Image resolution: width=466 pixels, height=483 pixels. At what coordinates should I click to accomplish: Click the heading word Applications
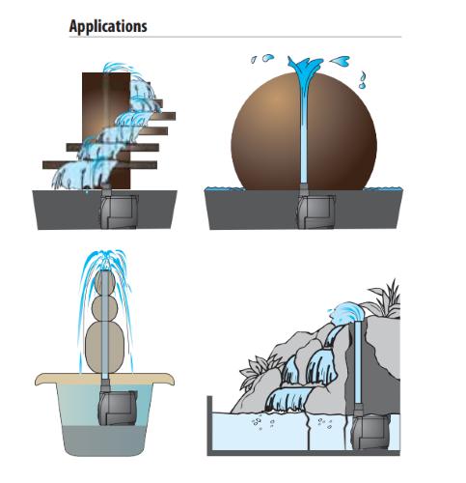coord(108,26)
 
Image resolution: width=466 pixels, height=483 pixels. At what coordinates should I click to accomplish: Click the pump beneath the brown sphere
coord(315,211)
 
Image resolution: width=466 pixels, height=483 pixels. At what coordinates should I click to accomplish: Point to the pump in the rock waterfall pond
coord(370,432)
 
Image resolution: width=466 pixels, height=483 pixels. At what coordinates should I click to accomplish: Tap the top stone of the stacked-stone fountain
coord(105,283)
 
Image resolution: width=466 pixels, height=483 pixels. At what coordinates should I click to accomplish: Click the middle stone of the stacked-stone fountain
coord(105,308)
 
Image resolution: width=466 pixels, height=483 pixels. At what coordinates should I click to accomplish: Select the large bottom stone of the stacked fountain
coord(105,348)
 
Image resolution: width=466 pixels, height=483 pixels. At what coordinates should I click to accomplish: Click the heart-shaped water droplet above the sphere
coord(341,61)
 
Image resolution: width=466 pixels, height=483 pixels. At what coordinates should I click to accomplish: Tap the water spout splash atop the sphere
coord(305,69)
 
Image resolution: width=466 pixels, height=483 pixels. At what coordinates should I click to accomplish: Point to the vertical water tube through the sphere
coord(304,132)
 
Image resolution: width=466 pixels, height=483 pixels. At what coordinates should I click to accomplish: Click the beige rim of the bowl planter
coord(105,379)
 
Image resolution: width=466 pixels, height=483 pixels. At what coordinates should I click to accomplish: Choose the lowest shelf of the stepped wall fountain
coord(99,165)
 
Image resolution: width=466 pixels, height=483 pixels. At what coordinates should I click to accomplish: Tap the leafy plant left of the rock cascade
coord(258,370)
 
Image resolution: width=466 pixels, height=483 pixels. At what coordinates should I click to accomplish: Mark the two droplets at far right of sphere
coord(363,80)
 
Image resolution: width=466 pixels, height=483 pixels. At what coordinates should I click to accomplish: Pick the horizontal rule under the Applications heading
coord(235,37)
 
